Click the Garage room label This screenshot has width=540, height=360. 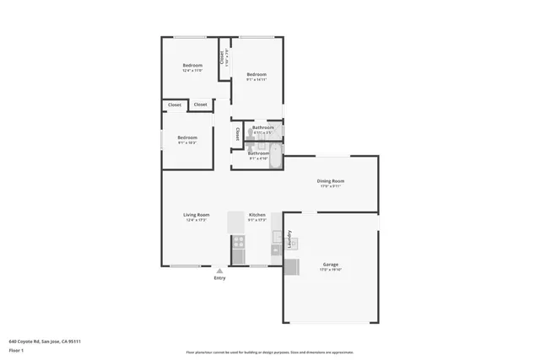[330, 265]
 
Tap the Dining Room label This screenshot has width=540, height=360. [330, 181]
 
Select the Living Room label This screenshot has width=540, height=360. [197, 215]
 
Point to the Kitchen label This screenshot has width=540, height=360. [257, 215]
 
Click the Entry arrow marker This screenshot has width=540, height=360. [219, 271]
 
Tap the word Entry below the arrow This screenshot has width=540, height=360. [219, 278]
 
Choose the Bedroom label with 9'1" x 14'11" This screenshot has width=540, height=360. [256, 75]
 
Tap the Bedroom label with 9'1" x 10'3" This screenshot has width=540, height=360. [186, 137]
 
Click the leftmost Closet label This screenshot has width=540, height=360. [175, 105]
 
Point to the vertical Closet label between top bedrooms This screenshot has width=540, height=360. [222, 57]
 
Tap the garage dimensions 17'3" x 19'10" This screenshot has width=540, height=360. [330, 270]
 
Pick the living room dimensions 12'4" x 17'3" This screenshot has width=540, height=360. [197, 220]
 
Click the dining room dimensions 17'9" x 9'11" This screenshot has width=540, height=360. [330, 186]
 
